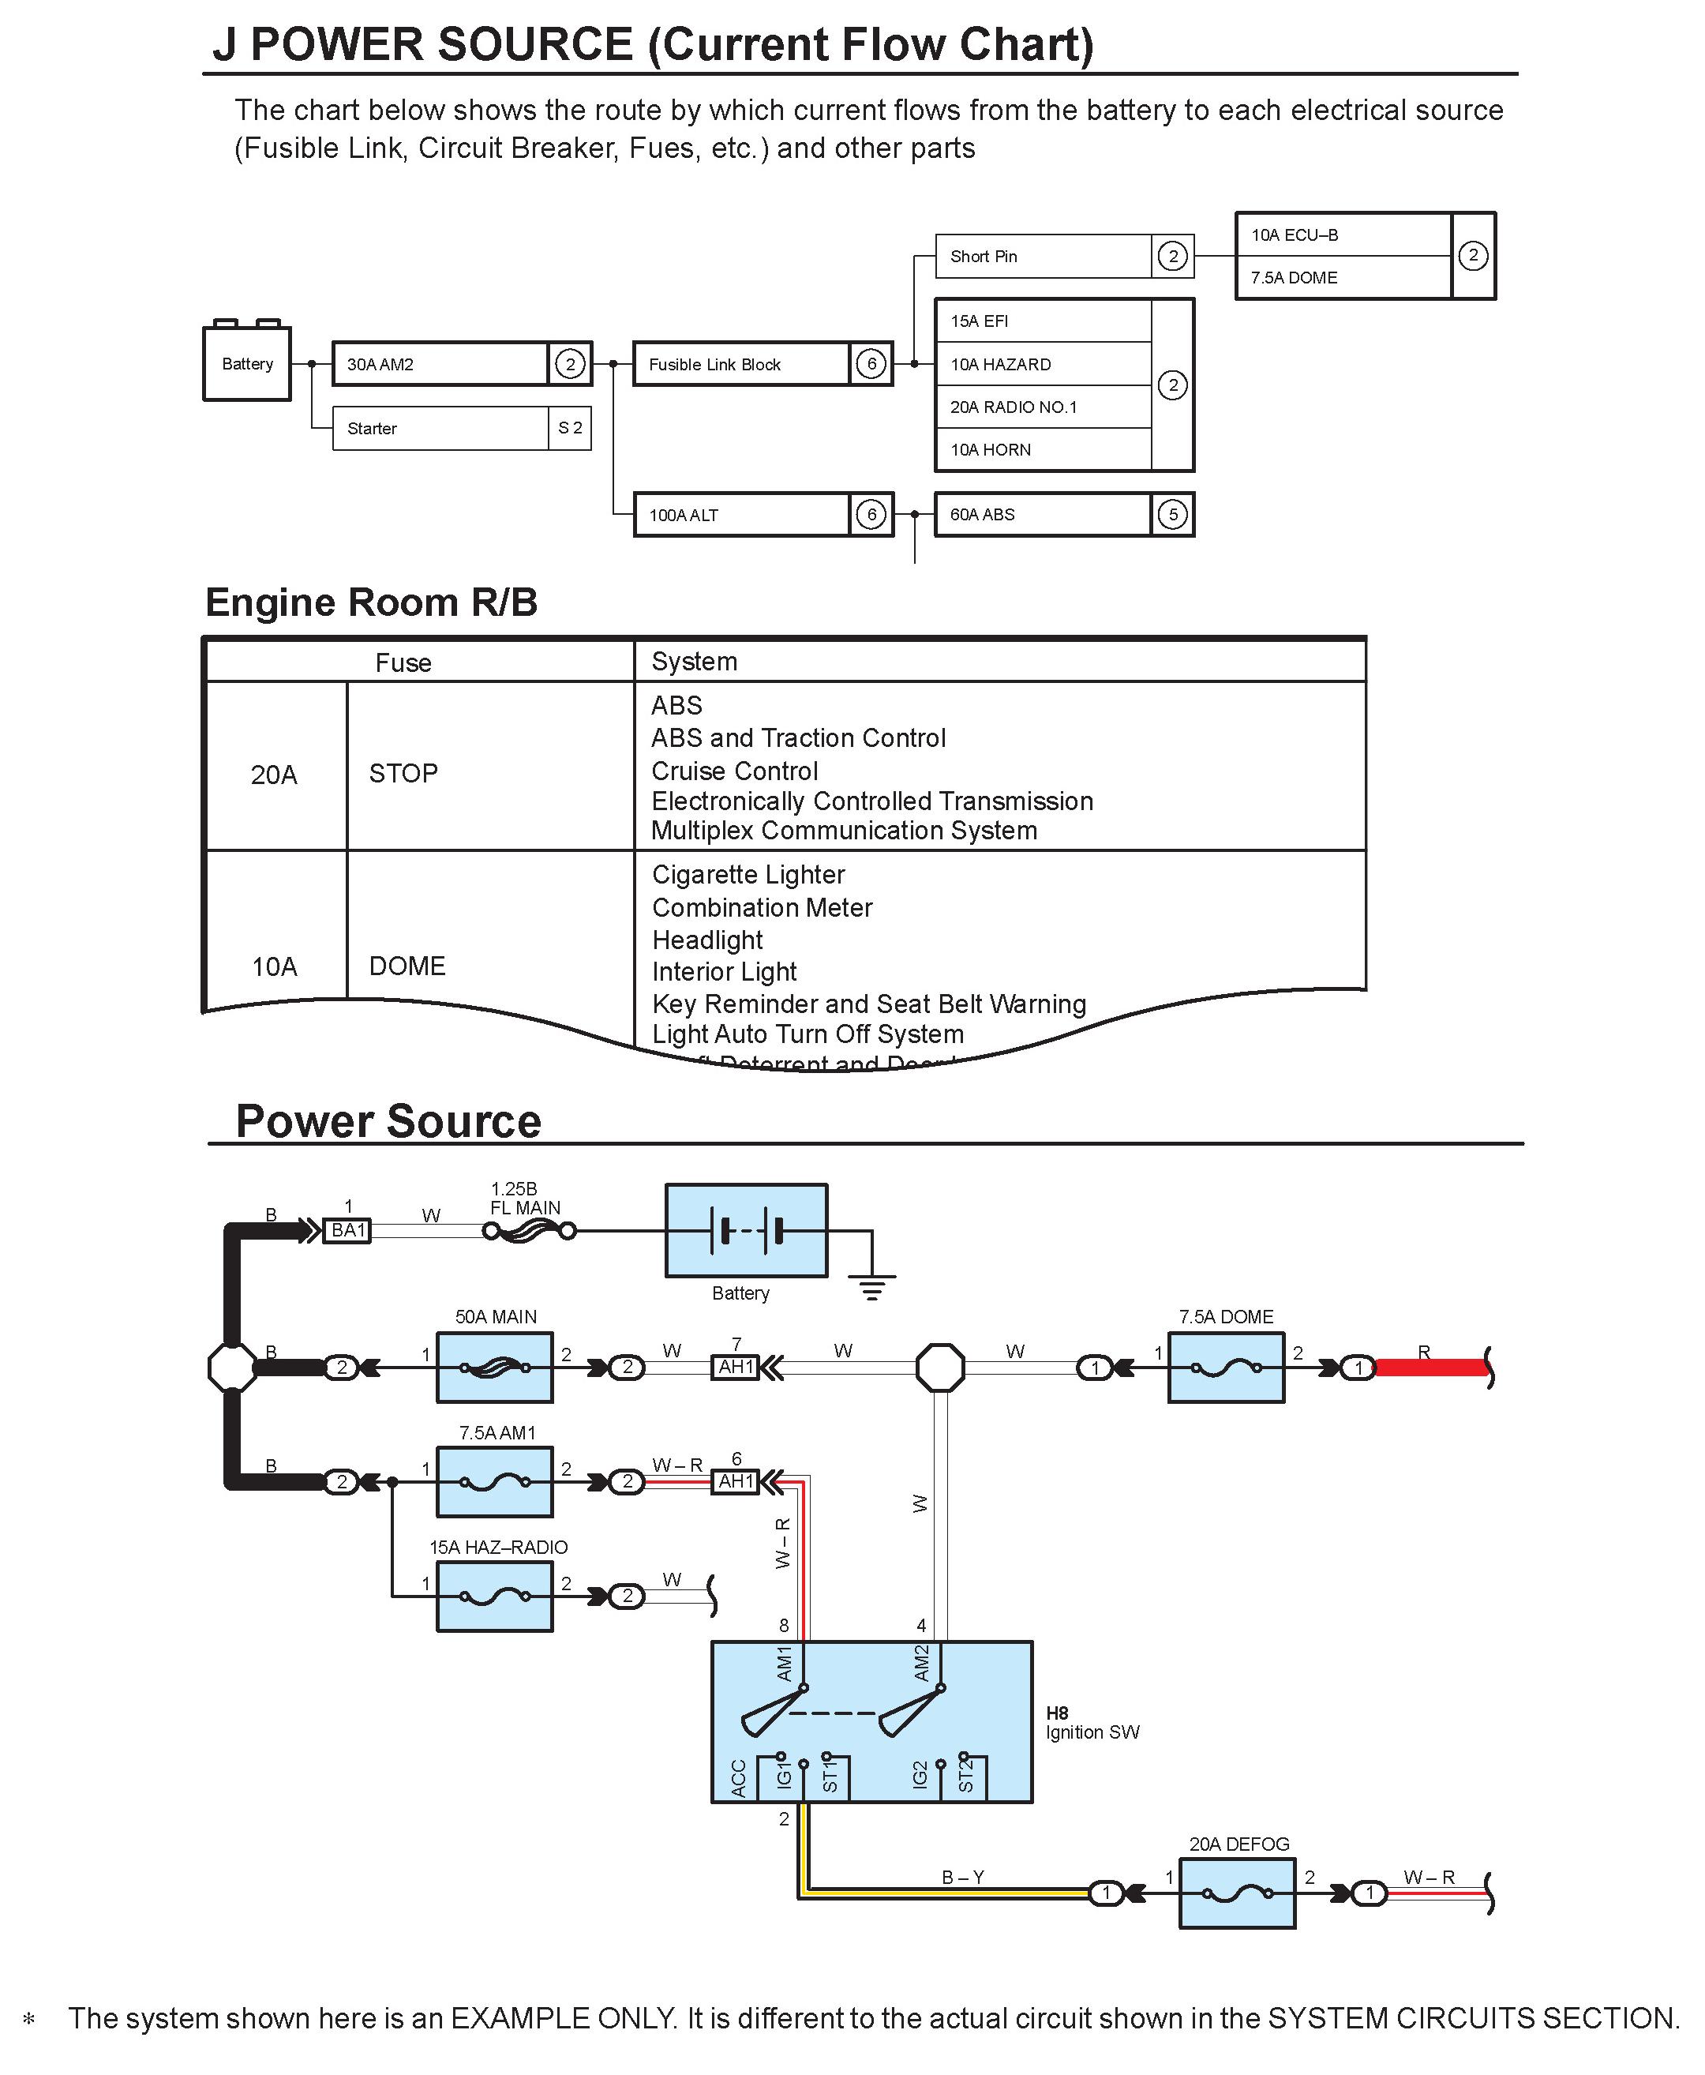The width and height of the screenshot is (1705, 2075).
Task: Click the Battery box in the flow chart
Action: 246,363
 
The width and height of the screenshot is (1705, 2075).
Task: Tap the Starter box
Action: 439,429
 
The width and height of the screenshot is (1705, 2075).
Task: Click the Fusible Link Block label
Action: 714,365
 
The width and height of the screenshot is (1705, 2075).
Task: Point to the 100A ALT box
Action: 740,515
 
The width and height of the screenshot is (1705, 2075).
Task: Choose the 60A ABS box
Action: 1042,515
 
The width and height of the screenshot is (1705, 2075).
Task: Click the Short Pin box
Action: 1042,257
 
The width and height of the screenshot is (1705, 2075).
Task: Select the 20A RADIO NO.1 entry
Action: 1014,407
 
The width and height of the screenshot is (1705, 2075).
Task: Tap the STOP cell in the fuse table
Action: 403,773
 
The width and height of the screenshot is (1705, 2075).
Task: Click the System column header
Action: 695,661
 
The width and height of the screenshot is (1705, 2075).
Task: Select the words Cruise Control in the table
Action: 735,771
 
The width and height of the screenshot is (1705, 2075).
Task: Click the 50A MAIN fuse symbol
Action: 495,1367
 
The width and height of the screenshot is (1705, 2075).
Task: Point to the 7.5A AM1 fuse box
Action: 495,1481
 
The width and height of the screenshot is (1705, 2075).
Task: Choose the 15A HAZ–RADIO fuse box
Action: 495,1597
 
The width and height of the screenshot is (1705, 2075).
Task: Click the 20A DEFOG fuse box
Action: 1238,1893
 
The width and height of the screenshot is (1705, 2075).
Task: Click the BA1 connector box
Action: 347,1230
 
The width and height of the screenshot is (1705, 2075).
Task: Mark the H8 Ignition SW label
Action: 1091,1722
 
